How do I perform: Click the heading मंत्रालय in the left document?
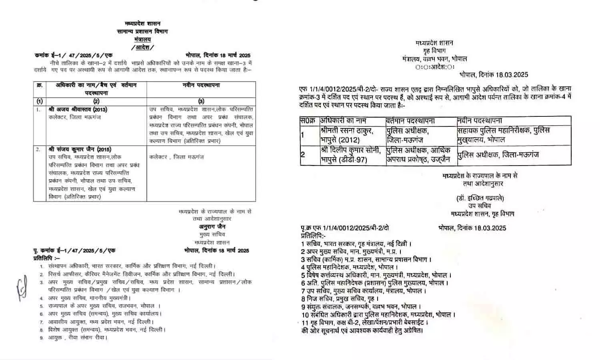click(142, 39)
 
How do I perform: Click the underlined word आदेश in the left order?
click(142, 47)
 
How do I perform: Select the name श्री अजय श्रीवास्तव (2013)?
click(78, 109)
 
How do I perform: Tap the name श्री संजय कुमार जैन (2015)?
click(80, 149)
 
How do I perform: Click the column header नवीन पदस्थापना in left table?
click(201, 86)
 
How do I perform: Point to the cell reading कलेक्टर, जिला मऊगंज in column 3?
click(176, 157)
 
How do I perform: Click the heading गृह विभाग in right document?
click(434, 51)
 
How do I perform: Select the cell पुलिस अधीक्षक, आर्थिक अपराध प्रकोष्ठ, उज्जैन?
click(418, 154)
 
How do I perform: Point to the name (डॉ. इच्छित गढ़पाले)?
click(480, 198)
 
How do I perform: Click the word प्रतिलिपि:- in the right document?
click(314, 236)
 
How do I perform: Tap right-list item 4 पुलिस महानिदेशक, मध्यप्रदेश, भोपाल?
click(347, 267)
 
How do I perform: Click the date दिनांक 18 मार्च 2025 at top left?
click(218, 56)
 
